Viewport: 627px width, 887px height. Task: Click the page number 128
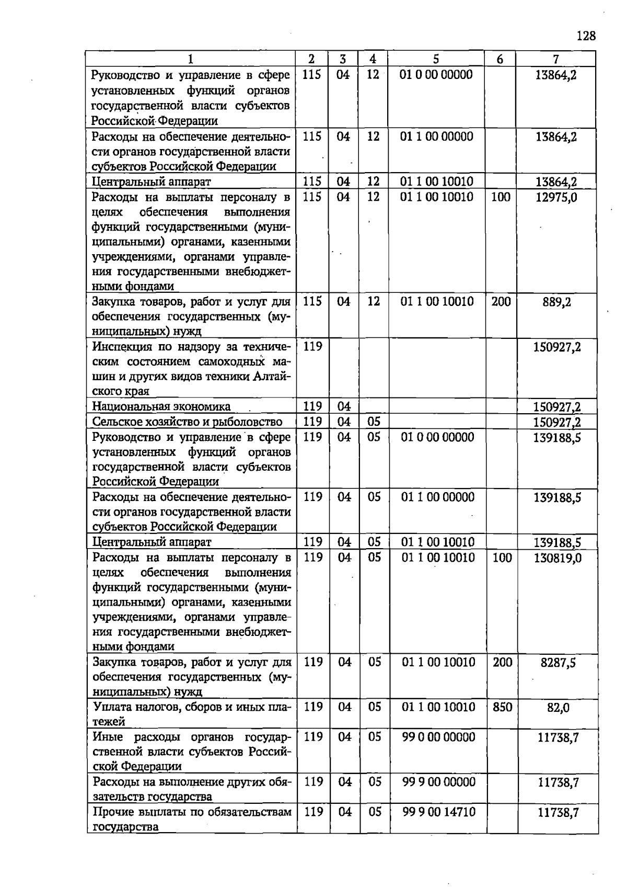tap(586, 36)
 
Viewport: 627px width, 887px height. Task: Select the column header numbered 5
tap(436, 59)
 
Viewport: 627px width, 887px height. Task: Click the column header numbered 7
tap(556, 59)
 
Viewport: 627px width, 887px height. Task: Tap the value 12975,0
tap(556, 198)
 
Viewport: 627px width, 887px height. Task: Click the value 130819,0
tap(557, 558)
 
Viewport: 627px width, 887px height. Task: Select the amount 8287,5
tap(558, 663)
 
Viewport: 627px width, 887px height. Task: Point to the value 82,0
tap(558, 708)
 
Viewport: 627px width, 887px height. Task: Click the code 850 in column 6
tap(502, 707)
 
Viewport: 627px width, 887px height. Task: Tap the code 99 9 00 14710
tap(438, 812)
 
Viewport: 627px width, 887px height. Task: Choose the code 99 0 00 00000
tap(438, 737)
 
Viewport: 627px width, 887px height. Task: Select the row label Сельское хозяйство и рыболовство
tap(187, 422)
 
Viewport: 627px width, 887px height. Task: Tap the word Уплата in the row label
tap(112, 707)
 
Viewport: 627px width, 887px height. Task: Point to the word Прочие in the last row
tap(112, 812)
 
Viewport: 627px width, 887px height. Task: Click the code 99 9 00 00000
tap(438, 782)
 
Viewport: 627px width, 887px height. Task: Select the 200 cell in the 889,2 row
tap(501, 301)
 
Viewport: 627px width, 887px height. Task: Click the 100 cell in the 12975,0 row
tap(501, 197)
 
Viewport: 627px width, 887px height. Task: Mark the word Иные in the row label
tap(108, 737)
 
